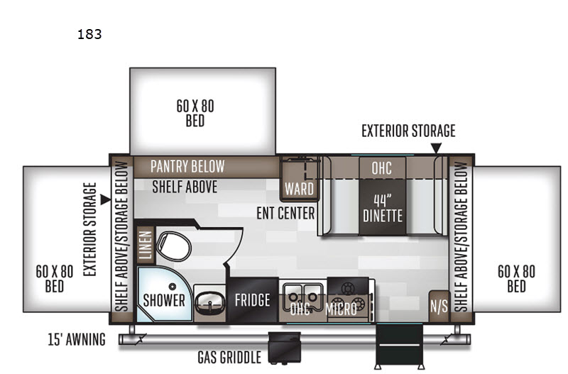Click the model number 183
pos(89,34)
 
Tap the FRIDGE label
pos(253,299)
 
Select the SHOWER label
pos(164,300)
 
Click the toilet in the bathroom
pos(173,246)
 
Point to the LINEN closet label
pos(146,246)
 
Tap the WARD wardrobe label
pos(299,189)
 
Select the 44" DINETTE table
pos(383,207)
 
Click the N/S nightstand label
pos(439,307)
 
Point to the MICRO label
pos(341,309)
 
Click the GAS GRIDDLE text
pos(229,358)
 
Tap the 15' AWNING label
pos(77,340)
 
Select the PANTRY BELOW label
pos(187,167)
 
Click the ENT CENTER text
pos(285,213)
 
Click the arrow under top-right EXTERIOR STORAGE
pos(436,148)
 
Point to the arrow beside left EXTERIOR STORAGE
pos(105,199)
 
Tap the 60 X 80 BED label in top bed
pos(195,114)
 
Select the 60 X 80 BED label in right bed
pos(516,278)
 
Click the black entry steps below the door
pos(400,346)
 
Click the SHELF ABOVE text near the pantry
pos(185,187)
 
